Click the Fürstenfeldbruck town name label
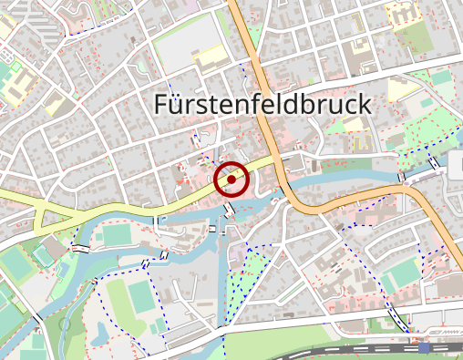point(262,104)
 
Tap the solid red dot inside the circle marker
point(231,180)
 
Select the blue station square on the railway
point(424,347)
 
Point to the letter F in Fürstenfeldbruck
point(162,104)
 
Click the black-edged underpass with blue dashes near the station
point(398,318)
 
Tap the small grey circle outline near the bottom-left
point(65,324)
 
